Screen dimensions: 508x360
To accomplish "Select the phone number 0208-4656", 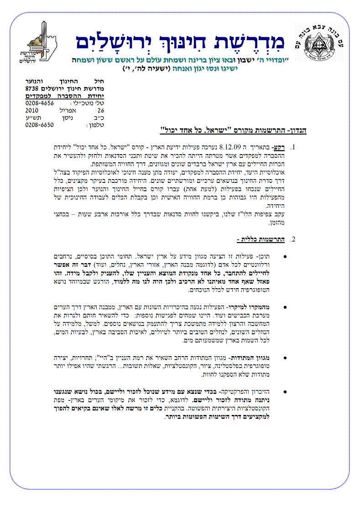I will pyautogui.click(x=40, y=103).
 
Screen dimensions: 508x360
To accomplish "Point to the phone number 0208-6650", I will pyautogui.click(x=40, y=124).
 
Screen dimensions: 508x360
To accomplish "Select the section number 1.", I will pyautogui.click(x=293, y=148).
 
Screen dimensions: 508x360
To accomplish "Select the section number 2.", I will pyautogui.click(x=293, y=239).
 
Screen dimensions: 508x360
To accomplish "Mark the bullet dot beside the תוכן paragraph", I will pyautogui.click(x=285, y=257).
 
